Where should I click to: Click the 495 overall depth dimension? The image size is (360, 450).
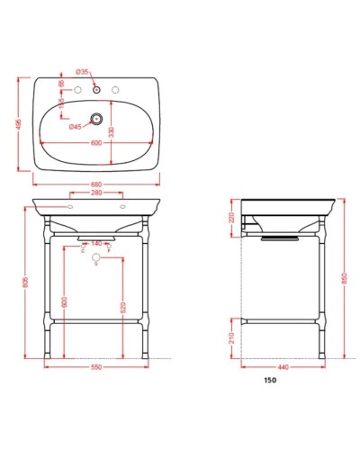pyautogui.click(x=19, y=126)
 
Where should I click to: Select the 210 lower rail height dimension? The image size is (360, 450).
pyautogui.click(x=231, y=337)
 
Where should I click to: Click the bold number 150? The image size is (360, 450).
pyautogui.click(x=270, y=381)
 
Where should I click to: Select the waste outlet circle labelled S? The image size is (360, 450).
pyautogui.click(x=95, y=260)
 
